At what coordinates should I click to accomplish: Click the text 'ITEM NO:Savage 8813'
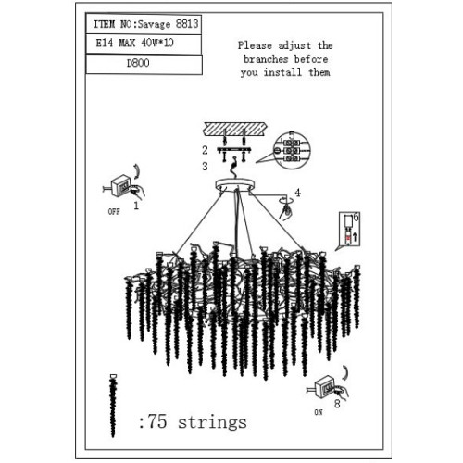click(x=145, y=24)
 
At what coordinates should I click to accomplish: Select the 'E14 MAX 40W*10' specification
click(x=134, y=43)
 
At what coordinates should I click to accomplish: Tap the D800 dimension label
click(x=138, y=63)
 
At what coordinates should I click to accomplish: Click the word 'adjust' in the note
click(x=294, y=46)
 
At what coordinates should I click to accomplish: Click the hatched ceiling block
click(x=235, y=129)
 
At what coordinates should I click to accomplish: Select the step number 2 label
click(x=205, y=150)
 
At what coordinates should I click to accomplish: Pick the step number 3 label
click(x=205, y=167)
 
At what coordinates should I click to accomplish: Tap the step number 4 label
click(x=297, y=193)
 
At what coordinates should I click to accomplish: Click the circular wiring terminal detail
click(x=292, y=151)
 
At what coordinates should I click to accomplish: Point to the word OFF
click(x=114, y=212)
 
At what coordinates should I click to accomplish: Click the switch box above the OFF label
click(x=120, y=185)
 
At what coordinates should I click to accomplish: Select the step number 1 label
click(x=136, y=205)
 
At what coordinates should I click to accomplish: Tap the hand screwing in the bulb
click(x=286, y=212)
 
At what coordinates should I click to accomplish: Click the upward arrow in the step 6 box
click(x=355, y=237)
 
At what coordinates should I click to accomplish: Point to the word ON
click(x=319, y=412)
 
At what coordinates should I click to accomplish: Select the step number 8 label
click(x=337, y=403)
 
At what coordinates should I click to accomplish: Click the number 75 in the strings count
click(x=156, y=421)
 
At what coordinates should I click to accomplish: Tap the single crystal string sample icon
click(x=113, y=406)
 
